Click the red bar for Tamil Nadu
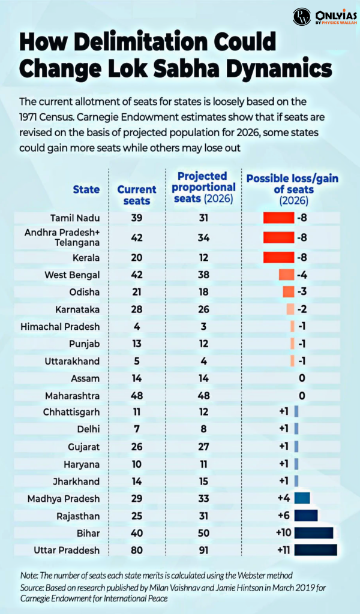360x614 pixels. (278, 218)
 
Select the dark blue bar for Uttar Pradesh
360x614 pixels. (316, 549)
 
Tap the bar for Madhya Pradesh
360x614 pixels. (302, 498)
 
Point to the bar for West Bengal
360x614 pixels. (286, 275)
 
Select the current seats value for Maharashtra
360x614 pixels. (136, 396)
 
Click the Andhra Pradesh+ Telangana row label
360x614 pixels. (62, 238)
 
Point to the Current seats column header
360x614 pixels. (136, 195)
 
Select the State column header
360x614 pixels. (86, 189)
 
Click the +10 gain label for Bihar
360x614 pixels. (282, 532)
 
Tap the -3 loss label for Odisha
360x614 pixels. (302, 292)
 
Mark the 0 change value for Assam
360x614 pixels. (302, 379)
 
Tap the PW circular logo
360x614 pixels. (301, 16)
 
